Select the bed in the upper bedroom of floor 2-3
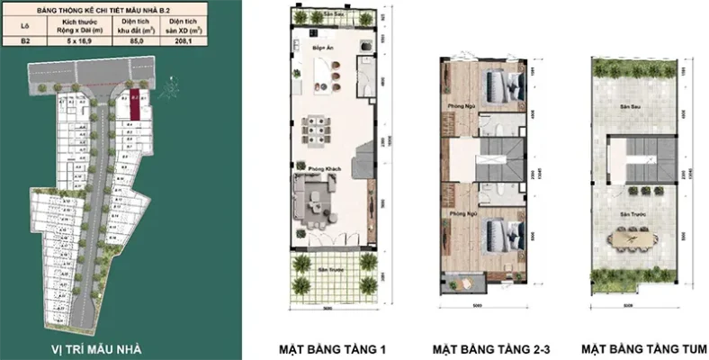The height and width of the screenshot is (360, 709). (x=498, y=86)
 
